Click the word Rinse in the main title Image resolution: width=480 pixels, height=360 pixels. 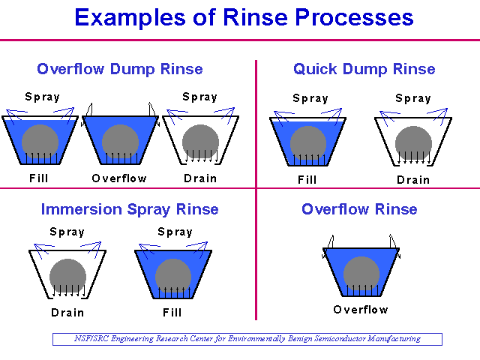point(255,17)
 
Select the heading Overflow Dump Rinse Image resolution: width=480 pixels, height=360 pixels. point(120,69)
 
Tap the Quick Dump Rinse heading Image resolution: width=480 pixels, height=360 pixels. point(364,70)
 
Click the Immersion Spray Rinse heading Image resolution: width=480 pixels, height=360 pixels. point(130,210)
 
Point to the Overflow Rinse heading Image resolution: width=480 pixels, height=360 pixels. point(359,209)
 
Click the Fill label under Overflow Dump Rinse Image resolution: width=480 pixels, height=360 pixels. point(38,178)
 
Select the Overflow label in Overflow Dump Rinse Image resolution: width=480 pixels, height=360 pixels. point(119,178)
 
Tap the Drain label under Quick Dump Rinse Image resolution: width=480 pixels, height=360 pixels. point(413,180)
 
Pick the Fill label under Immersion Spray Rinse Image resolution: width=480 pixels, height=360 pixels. point(172,313)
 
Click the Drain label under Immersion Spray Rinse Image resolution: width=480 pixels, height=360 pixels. point(67,313)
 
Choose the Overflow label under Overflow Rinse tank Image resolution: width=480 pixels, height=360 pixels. point(361,310)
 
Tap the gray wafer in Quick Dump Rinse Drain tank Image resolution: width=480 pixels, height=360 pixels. point(413,143)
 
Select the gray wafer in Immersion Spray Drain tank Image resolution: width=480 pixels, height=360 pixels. point(67,277)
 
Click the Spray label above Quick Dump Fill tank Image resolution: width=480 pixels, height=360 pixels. point(310,98)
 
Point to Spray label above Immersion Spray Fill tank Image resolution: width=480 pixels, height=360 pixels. point(175,232)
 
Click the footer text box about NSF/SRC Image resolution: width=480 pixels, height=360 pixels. point(247,339)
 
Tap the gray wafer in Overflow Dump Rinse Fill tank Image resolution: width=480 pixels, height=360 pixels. point(40,142)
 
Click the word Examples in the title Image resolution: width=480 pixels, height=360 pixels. point(130,18)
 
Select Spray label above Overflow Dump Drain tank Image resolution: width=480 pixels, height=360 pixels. point(200,97)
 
